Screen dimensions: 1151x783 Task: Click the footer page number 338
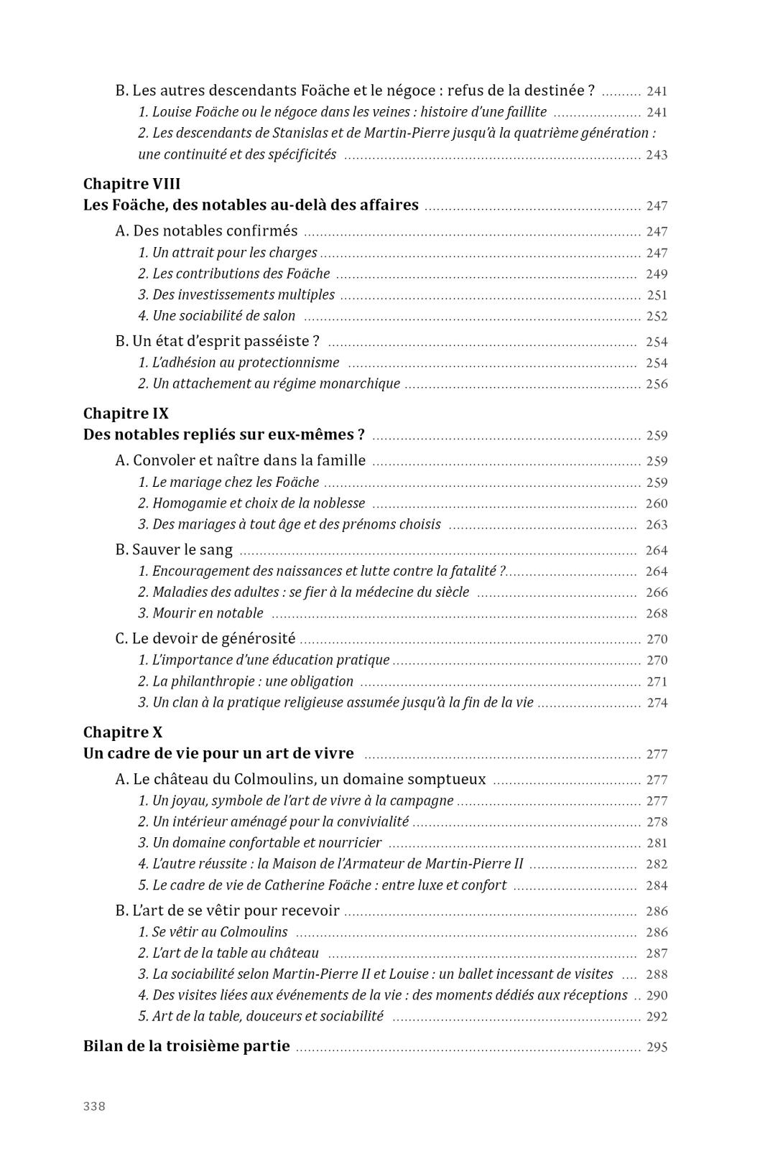94,1106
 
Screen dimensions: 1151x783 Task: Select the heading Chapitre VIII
131,184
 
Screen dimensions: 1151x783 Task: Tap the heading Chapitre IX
126,414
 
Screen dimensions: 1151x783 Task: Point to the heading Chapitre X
123,732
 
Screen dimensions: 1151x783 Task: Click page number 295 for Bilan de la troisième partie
657,1047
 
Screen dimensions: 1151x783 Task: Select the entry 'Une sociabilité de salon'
216,316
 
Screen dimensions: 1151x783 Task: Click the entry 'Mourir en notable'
200,613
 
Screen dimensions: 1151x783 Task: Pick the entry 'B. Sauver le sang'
174,550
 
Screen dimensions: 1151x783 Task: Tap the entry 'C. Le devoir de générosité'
205,639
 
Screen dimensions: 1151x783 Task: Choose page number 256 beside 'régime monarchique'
657,384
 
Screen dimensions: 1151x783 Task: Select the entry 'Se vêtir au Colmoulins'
213,932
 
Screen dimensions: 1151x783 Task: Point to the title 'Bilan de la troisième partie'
187,1046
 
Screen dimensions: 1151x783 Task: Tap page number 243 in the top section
657,155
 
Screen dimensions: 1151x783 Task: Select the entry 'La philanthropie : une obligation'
246,681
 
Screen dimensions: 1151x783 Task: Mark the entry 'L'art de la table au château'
228,954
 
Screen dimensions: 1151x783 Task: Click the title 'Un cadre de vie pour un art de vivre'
218,754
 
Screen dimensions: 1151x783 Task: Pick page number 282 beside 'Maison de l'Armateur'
657,865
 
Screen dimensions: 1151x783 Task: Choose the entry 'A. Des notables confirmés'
206,231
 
